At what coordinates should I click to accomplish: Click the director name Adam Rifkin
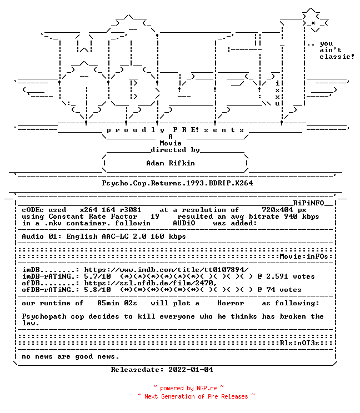[171, 163]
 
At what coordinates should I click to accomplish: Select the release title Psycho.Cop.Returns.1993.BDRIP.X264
[177, 183]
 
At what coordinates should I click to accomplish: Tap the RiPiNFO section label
[308, 203]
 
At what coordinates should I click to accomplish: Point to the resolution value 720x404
[277, 210]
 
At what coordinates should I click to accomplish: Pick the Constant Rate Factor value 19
[155, 216]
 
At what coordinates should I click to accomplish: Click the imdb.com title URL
[166, 270]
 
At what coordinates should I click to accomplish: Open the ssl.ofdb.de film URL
[151, 283]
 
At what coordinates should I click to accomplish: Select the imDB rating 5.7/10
[98, 276]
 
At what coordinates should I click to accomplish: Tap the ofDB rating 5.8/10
[98, 290]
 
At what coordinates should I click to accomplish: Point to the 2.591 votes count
[290, 276]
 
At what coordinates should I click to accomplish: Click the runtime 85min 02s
[117, 303]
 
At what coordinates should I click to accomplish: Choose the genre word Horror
[231, 303]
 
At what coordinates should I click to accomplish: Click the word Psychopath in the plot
[44, 316]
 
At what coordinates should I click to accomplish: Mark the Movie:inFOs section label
[304, 256]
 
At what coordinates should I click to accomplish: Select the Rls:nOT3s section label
[299, 343]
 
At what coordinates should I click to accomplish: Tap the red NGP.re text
[207, 388]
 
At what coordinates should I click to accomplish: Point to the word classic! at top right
[337, 57]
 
